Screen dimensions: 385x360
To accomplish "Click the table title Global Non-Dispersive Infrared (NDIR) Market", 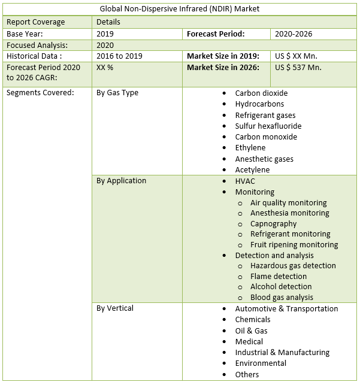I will pos(180,10).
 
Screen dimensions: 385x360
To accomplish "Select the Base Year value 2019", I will pos(105,34).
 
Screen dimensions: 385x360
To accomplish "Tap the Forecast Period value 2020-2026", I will pos(294,34).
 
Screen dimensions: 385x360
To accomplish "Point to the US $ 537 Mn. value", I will pos(298,67).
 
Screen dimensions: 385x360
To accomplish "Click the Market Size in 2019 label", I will pos(223,56).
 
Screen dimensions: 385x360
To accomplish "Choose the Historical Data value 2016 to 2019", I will pos(120,56).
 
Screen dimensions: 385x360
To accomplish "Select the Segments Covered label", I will pos(40,93).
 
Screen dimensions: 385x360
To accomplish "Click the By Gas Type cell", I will pos(117,93).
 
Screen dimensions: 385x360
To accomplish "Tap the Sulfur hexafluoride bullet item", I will pos(268,126).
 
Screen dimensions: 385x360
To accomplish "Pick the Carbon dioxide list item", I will pos(261,93).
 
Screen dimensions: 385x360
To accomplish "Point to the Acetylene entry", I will pos(252,169).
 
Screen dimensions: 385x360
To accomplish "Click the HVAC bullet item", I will pos(246,180).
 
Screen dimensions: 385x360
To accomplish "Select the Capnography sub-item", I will pos(273,223).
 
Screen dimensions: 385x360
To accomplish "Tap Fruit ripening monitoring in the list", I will pos(294,244).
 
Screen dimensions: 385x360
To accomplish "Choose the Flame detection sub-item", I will pos(279,276).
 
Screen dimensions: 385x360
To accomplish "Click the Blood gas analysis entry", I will pos(282,297).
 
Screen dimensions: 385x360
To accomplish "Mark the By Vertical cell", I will pos(115,308).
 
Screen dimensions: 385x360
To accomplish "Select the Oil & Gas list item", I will pos(251,331).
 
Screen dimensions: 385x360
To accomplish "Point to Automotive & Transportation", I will pos(286,308).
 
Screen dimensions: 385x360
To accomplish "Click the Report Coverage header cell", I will pos(35,22).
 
